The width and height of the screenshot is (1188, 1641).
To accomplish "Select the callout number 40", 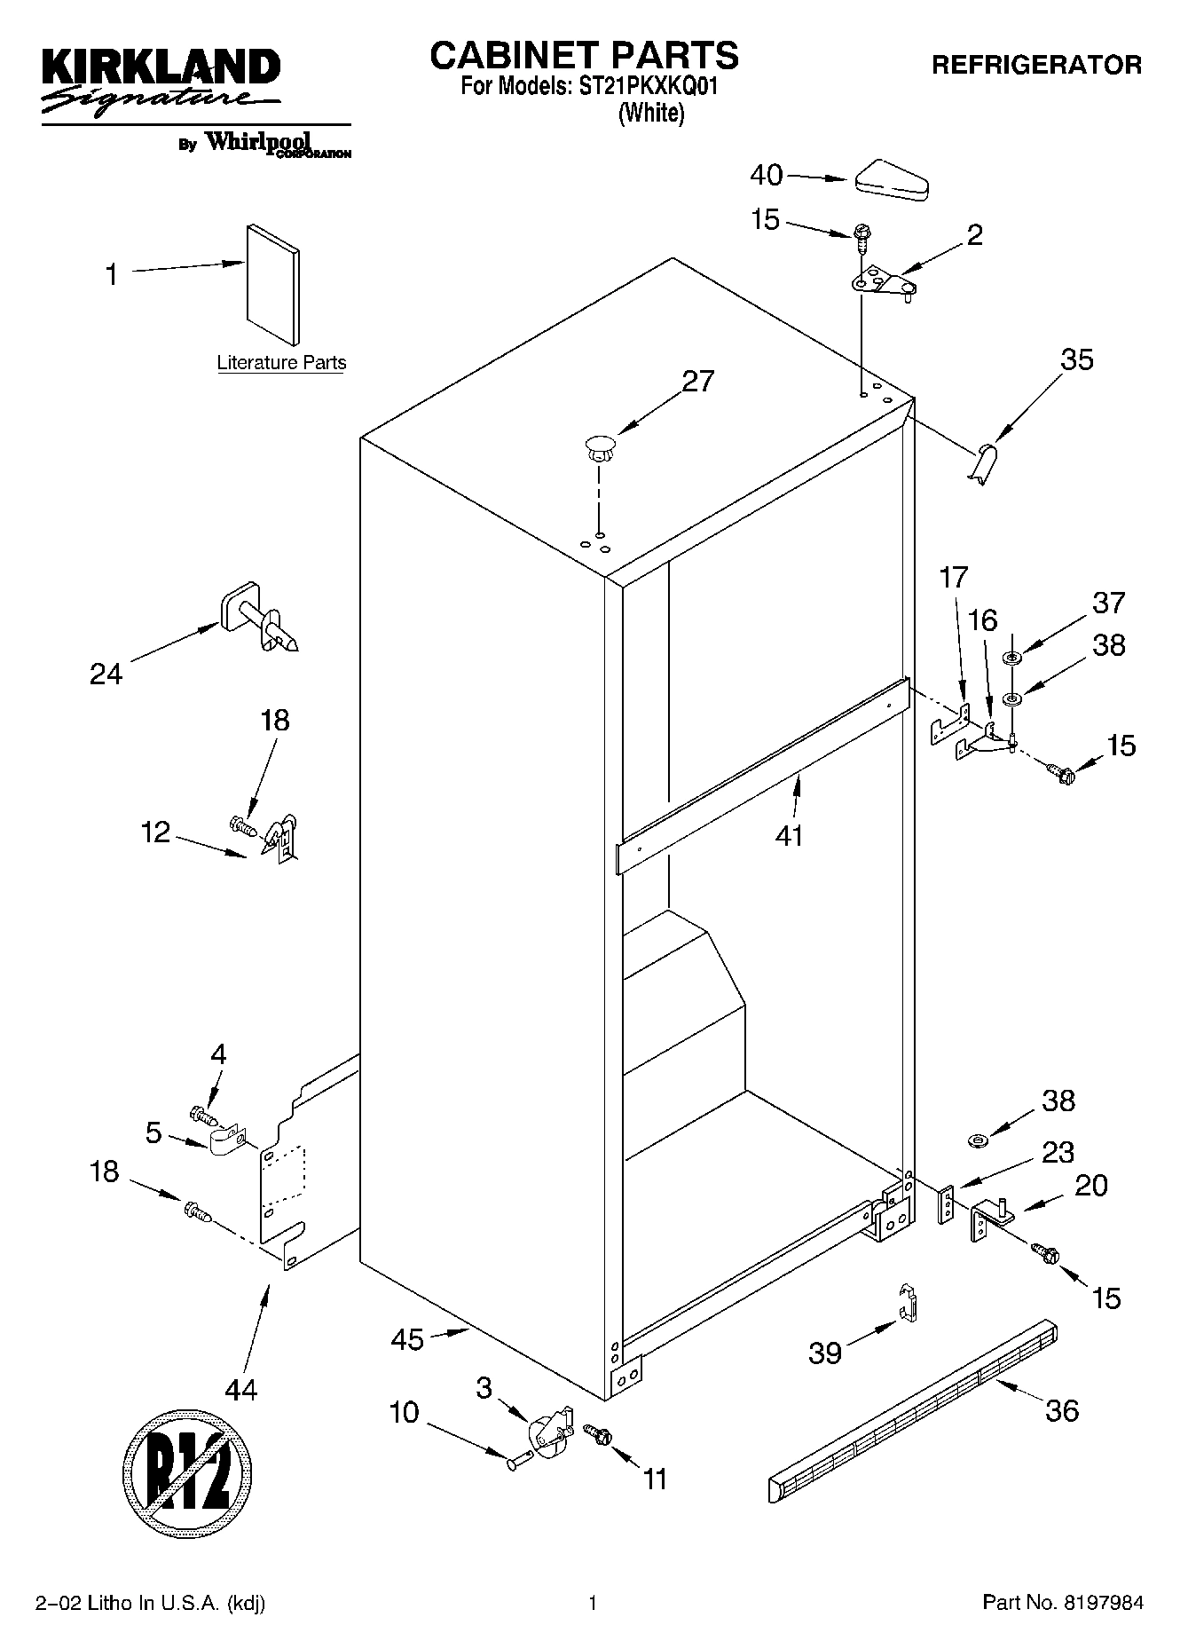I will (767, 176).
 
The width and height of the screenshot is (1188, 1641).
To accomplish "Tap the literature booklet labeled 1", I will (272, 282).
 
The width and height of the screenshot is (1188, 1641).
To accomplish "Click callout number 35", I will (1076, 360).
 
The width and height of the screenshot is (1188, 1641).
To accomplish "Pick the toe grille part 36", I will (914, 1410).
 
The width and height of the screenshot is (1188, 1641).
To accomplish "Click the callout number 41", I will (789, 835).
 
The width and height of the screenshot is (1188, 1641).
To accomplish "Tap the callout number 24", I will (106, 675).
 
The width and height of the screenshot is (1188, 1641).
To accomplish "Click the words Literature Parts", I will (281, 363).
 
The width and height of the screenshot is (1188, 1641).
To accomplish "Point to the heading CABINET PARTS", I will (584, 55).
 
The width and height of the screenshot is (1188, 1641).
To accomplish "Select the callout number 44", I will (240, 1389).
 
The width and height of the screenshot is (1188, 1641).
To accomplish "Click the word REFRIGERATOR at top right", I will (1036, 65).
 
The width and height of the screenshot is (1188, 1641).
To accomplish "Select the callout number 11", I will (655, 1479).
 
